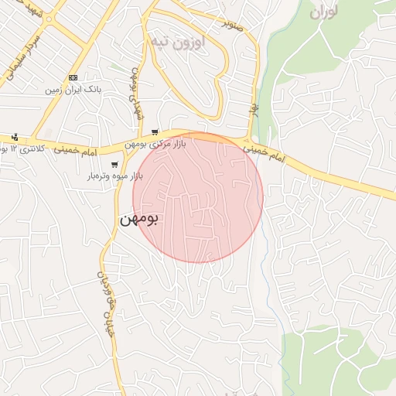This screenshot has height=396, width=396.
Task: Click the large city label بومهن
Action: click(140, 220)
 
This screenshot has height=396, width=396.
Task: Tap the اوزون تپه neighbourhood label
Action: click(177, 41)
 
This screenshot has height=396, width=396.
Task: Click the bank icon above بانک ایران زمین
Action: click(73, 78)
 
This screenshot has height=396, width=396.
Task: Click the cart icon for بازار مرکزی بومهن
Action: click(155, 132)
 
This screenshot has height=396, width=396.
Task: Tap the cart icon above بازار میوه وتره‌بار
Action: click(114, 164)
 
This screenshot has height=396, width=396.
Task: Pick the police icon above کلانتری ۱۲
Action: click(14, 137)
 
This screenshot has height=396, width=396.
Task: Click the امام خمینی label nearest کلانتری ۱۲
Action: click(77, 152)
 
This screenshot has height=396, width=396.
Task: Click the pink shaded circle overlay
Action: click(198, 198)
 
